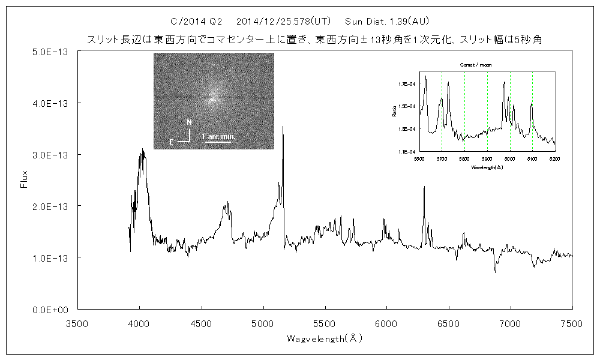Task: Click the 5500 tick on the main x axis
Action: coord(325,323)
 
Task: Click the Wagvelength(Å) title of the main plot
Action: coord(325,338)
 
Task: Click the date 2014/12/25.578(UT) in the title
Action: coord(284,22)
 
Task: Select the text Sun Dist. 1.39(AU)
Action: coord(387,22)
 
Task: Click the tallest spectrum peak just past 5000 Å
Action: coord(283,127)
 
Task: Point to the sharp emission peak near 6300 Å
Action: coord(424,187)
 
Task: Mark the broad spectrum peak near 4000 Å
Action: coord(142,150)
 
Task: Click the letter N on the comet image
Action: coord(190,122)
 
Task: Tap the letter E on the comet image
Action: coord(172,142)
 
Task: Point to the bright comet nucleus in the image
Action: coord(211,98)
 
